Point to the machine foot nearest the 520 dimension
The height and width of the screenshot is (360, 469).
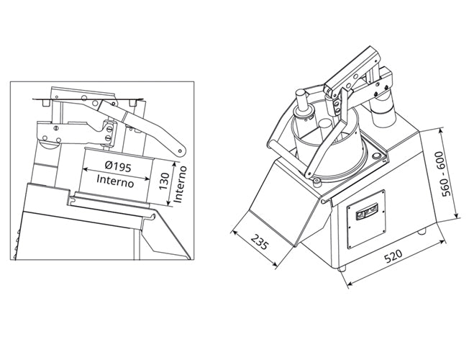pyautogui.click(x=342, y=268)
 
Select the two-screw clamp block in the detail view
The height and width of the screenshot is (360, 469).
pyautogui.click(x=107, y=132)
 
